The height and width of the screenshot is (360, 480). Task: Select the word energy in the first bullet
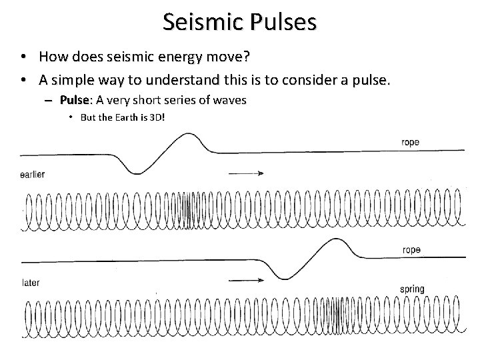tap(198, 58)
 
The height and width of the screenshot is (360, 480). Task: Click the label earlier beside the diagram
tap(32, 174)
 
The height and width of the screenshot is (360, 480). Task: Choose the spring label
tap(412, 289)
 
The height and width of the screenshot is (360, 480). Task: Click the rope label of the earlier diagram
tap(411, 142)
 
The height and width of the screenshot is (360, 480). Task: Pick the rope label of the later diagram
tap(411, 250)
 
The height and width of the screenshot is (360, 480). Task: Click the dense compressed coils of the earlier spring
tap(189, 211)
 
